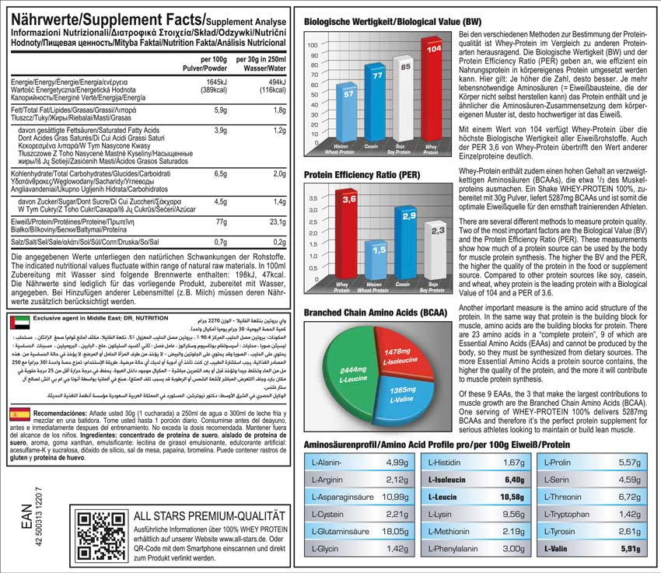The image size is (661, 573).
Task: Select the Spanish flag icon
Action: click(17, 414)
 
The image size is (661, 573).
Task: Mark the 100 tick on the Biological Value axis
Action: click(313, 44)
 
